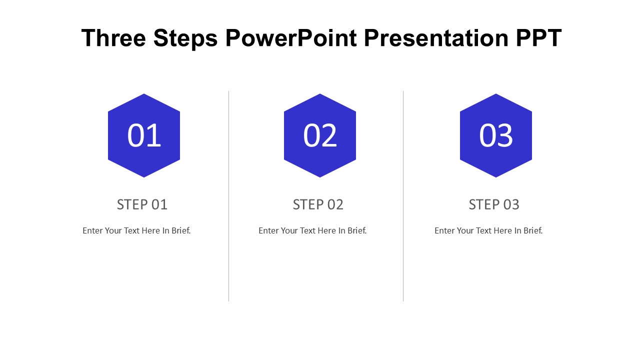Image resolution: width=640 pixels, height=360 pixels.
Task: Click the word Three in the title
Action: pyautogui.click(x=113, y=37)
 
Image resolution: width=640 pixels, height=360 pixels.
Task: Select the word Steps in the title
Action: pyautogui.click(x=185, y=39)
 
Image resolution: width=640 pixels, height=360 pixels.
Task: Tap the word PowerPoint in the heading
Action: pyautogui.click(x=291, y=37)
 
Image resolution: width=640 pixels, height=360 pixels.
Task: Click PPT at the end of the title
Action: pyautogui.click(x=539, y=37)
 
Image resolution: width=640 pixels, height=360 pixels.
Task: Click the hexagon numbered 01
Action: pyautogui.click(x=144, y=135)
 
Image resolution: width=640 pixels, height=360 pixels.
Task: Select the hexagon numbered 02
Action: pyautogui.click(x=320, y=135)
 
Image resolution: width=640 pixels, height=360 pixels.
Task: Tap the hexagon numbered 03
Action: pyautogui.click(x=496, y=135)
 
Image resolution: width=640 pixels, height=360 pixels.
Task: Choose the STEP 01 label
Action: pyautogui.click(x=142, y=204)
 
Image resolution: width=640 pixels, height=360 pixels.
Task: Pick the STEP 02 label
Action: pyautogui.click(x=318, y=204)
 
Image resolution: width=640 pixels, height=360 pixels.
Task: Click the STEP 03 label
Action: pyautogui.click(x=494, y=204)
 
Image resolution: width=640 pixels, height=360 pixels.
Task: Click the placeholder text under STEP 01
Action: pyautogui.click(x=136, y=230)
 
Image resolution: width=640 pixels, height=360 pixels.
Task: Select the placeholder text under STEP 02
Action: pyautogui.click(x=312, y=230)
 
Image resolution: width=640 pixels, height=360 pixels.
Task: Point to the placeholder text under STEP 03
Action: pyautogui.click(x=488, y=230)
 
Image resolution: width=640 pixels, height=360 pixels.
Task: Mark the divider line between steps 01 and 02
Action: pyautogui.click(x=229, y=196)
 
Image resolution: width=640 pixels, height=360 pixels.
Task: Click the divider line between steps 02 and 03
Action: pyautogui.click(x=403, y=196)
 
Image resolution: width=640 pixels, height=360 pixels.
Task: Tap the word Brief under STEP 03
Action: pyautogui.click(x=533, y=230)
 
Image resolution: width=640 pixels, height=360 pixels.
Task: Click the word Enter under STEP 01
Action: pyautogui.click(x=92, y=230)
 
